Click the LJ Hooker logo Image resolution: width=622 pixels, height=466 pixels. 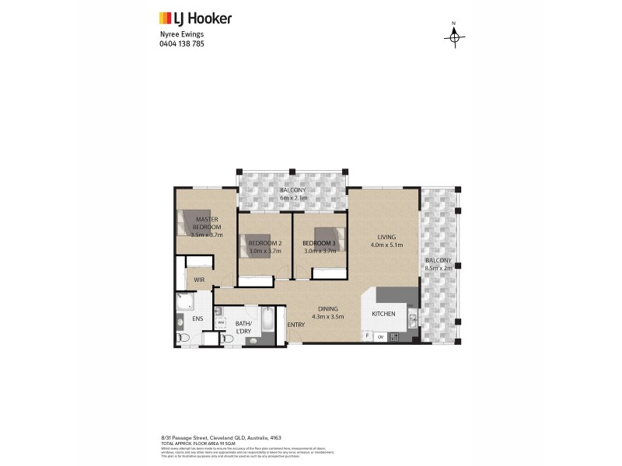[195, 18]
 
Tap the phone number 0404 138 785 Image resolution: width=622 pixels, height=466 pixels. [181, 43]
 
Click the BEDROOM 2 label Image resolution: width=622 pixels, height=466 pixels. [264, 243]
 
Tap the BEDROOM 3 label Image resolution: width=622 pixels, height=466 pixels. [319, 243]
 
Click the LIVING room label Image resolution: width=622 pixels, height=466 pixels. [386, 238]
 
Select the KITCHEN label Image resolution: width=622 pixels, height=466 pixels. [383, 314]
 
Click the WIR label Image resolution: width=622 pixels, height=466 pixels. [199, 280]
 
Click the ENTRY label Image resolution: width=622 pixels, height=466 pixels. [296, 325]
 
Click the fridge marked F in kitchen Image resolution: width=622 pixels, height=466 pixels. [368, 336]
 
